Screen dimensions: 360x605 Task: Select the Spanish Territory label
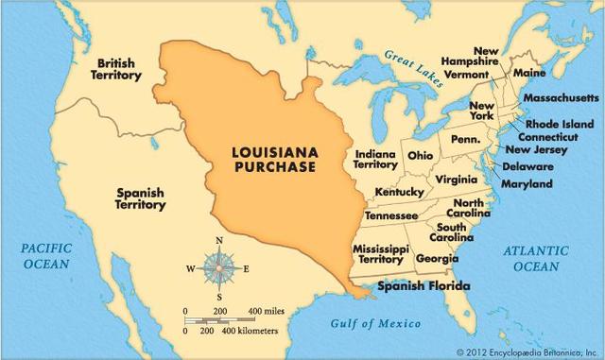(x=140, y=198)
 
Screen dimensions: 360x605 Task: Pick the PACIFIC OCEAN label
(x=46, y=256)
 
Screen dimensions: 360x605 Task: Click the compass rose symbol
(x=219, y=269)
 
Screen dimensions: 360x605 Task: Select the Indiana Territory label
(x=375, y=158)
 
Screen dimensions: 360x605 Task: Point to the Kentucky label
(x=398, y=192)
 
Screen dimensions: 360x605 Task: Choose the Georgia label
(x=437, y=258)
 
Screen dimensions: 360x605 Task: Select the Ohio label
(x=421, y=155)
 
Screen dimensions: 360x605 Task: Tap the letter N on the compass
(x=219, y=241)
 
